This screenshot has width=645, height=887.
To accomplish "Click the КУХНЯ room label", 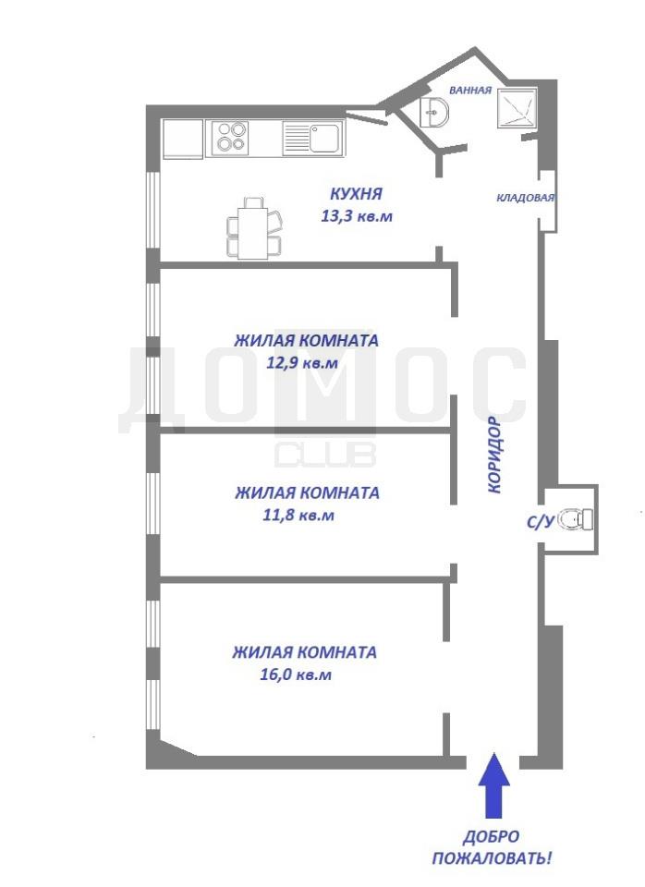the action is click(356, 193).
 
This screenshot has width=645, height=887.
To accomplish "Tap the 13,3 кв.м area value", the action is click(357, 215).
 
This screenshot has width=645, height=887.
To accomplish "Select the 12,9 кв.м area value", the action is click(302, 363).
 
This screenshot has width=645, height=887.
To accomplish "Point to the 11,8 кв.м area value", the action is click(298, 516).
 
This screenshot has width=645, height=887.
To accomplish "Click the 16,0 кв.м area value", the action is click(296, 674).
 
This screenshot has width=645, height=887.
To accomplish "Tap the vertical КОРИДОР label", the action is click(494, 455).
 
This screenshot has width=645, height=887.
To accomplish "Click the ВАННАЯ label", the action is click(470, 90).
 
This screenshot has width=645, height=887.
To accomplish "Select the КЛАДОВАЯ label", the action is click(526, 198).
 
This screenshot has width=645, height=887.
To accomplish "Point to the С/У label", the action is click(540, 521).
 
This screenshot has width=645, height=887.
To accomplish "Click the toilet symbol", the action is click(575, 519).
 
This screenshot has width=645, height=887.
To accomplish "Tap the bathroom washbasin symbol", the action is click(434, 112).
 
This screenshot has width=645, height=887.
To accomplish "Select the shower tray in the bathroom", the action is click(517, 107).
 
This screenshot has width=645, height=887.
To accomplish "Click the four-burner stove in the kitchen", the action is click(231, 138).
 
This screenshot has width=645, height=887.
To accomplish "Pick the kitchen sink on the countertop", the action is click(313, 138).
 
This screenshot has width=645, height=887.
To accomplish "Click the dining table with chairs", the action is click(254, 228).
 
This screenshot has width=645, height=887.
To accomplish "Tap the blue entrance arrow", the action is click(494, 785).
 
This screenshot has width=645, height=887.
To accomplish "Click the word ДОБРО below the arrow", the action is click(492, 837).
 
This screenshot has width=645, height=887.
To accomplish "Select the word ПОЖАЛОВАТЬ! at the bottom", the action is click(492, 858).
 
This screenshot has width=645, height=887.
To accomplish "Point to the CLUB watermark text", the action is click(325, 455).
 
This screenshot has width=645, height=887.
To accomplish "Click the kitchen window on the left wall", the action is click(152, 210).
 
